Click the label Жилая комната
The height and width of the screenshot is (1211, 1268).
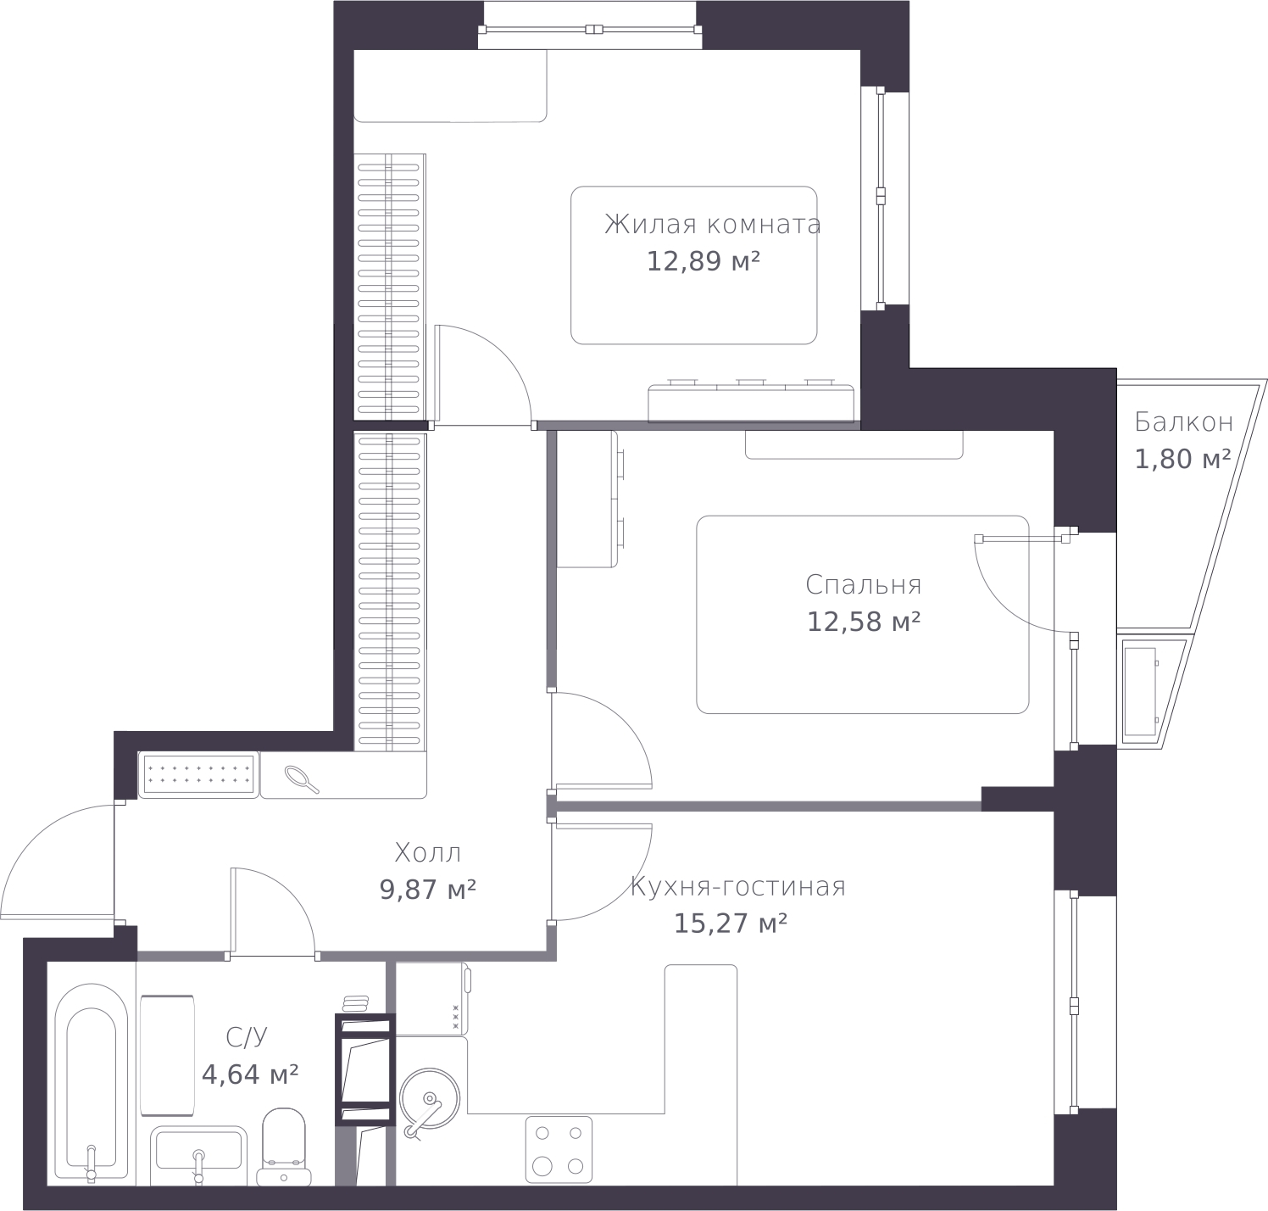(712, 225)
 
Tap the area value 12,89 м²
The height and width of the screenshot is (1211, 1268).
(703, 261)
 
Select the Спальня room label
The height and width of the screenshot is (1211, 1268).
(863, 585)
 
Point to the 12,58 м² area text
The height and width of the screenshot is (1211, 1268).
(863, 622)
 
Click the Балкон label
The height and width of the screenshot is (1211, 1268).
(1183, 421)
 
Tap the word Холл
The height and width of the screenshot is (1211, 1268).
(428, 852)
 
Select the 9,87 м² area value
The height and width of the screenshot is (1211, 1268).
(427, 890)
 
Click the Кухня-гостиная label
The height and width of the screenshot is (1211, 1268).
(737, 887)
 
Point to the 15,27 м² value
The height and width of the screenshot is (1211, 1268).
(730, 924)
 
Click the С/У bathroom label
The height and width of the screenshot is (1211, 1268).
(247, 1037)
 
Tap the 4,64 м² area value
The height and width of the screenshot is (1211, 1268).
(249, 1075)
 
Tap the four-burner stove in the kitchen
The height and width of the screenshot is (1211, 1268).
(559, 1149)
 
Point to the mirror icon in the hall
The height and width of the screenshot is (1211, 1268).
(302, 778)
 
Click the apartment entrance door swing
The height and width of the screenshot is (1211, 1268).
(59, 861)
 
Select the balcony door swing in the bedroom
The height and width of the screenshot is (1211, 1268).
(1017, 585)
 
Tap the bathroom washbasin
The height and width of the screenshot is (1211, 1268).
(198, 1153)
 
